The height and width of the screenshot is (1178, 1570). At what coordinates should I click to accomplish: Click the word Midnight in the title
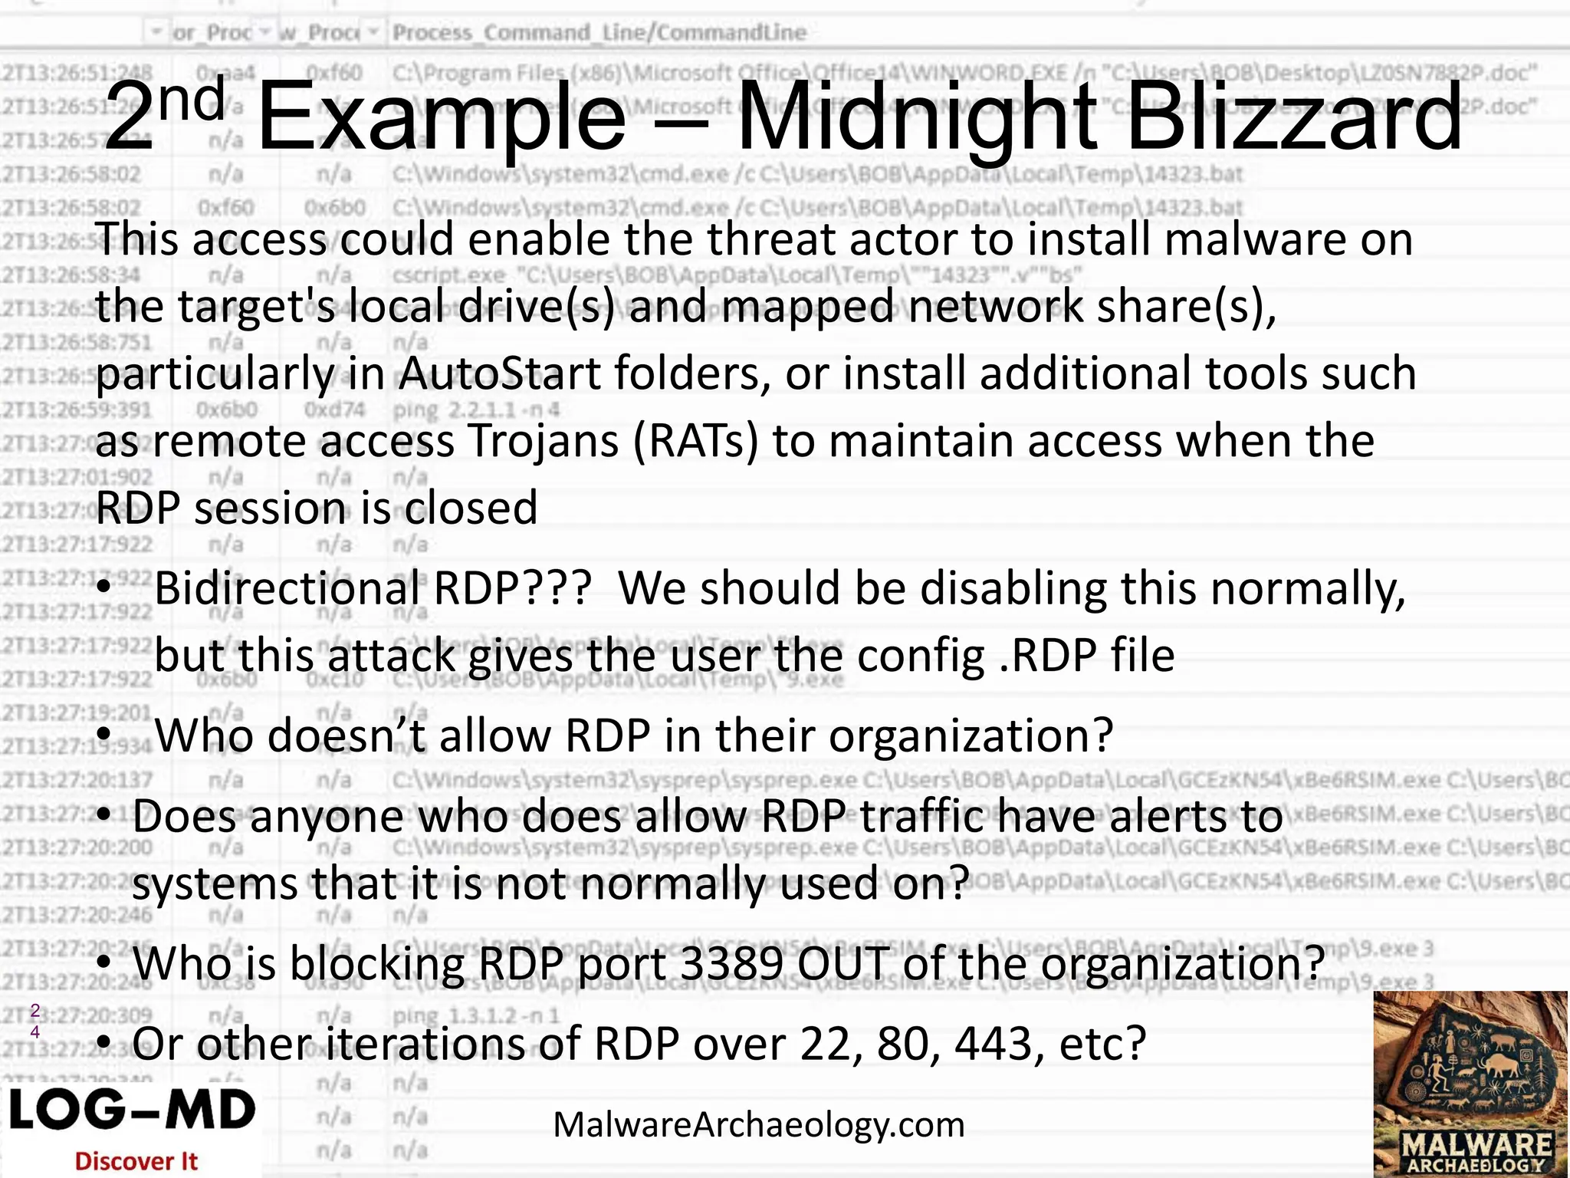(920, 119)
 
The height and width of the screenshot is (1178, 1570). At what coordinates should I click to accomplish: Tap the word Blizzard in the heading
(1294, 119)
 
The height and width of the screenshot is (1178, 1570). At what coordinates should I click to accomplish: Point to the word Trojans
(543, 442)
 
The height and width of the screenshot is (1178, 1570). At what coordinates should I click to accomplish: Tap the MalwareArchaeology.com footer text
(758, 1125)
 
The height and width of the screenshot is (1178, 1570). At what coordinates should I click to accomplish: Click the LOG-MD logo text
(132, 1111)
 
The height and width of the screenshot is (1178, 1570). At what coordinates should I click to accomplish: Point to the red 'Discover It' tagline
(136, 1161)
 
